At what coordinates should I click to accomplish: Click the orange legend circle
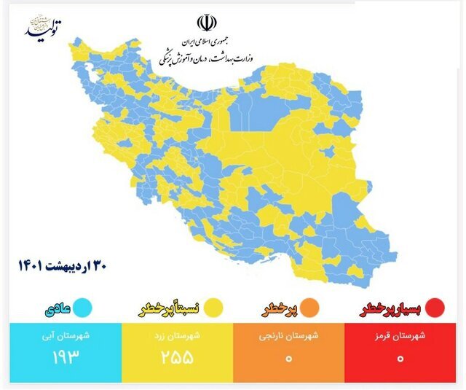[x=317, y=308]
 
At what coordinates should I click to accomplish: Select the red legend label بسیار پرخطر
[x=393, y=309]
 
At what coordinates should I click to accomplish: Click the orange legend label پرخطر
[x=280, y=309]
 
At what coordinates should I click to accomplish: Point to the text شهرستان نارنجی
[x=291, y=337]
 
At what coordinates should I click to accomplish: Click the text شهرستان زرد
[x=177, y=337]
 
